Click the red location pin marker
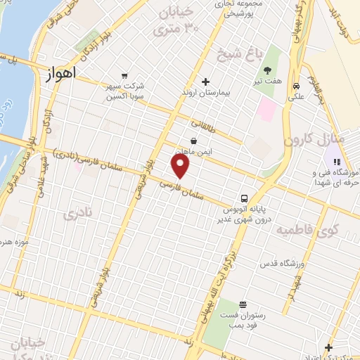181,165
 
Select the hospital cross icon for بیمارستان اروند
205,82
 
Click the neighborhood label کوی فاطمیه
307,230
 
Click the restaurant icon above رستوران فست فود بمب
243,304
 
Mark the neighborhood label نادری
77,214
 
